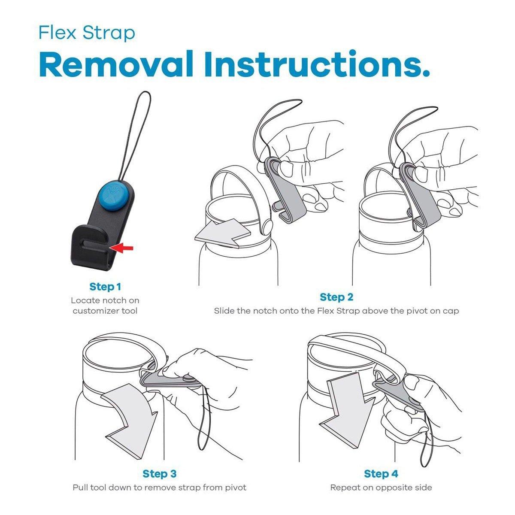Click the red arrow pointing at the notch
pos(121,248)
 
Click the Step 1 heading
pos(105,287)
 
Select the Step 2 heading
pos(336,297)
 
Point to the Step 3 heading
pos(160,473)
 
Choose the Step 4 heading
pos(381,473)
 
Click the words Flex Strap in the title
pos(87,33)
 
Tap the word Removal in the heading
pos(116,64)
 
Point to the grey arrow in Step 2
pos(223,233)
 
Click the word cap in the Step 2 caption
pos(451,311)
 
